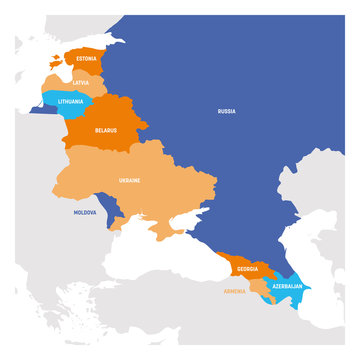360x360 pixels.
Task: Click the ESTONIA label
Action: point(86,59)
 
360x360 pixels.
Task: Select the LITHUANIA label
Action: point(71,101)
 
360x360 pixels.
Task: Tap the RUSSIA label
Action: point(227,111)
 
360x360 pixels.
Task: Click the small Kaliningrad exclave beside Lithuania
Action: point(40,112)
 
